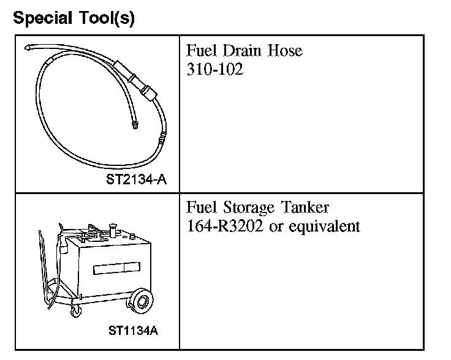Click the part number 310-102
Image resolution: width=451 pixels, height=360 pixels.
pos(214,69)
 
